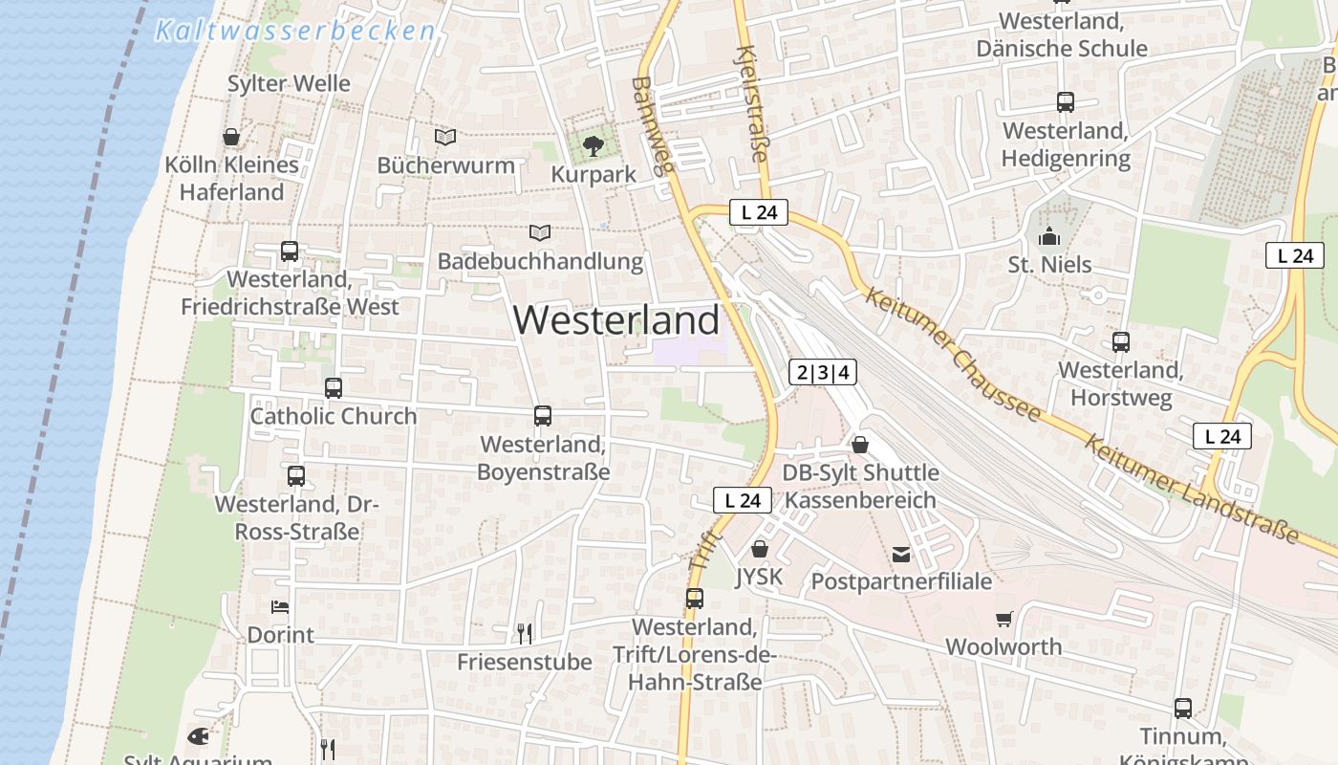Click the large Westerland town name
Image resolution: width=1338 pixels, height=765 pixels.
tap(616, 319)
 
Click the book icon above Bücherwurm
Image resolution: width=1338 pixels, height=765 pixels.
tap(445, 138)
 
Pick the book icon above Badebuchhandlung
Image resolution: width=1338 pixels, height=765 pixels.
tap(540, 232)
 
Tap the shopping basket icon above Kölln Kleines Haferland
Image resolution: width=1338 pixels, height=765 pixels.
tap(231, 137)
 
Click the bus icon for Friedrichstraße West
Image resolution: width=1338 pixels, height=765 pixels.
tap(290, 251)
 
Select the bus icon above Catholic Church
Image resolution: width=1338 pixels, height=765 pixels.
tap(334, 388)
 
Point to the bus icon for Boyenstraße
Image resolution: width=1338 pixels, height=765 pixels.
tap(543, 416)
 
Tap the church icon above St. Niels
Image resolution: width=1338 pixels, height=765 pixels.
tap(1049, 236)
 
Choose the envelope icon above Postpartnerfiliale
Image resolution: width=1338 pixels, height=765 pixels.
tap(901, 554)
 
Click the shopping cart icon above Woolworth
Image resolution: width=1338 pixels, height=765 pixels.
tap(1003, 620)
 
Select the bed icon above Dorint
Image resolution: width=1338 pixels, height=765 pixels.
tap(280, 606)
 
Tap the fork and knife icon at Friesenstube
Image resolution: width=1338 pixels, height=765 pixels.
tap(524, 633)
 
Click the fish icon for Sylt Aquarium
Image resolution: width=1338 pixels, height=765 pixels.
tap(198, 736)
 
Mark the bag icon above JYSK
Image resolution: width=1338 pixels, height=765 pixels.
tap(760, 549)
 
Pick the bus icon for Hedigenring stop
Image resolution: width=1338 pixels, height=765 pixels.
tap(1066, 102)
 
